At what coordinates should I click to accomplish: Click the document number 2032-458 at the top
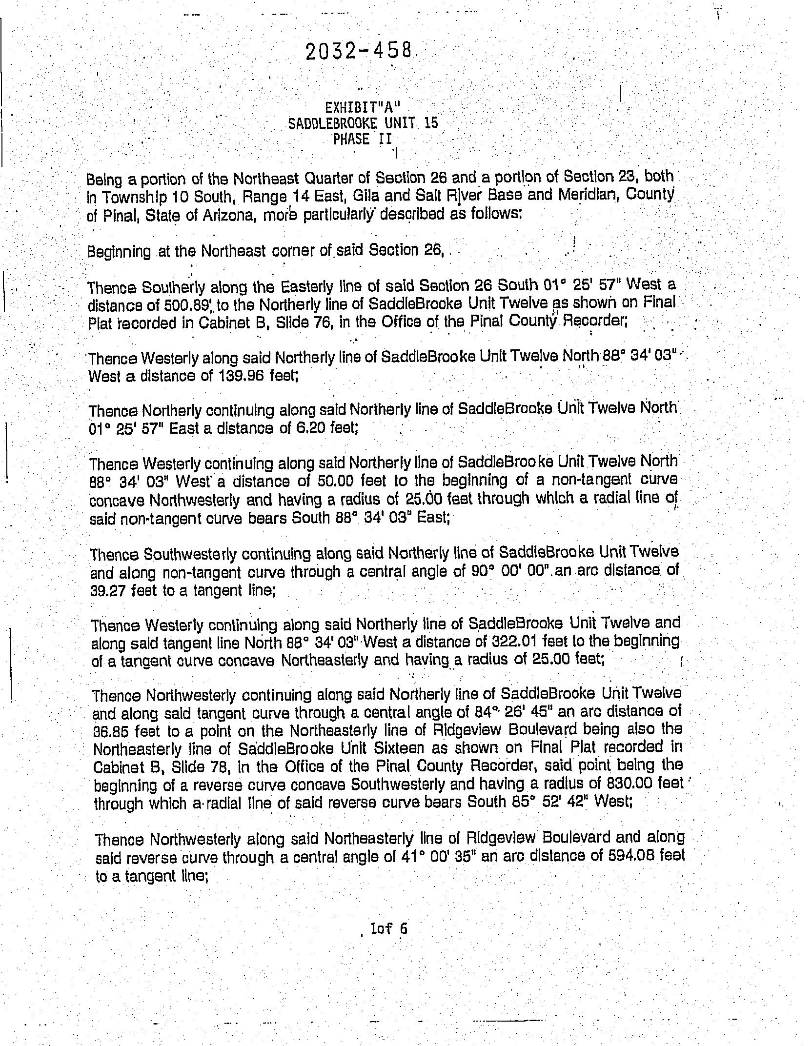[x=359, y=51]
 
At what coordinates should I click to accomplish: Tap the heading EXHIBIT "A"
[x=364, y=107]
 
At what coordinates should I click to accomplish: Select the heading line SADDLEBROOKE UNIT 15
[x=363, y=123]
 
